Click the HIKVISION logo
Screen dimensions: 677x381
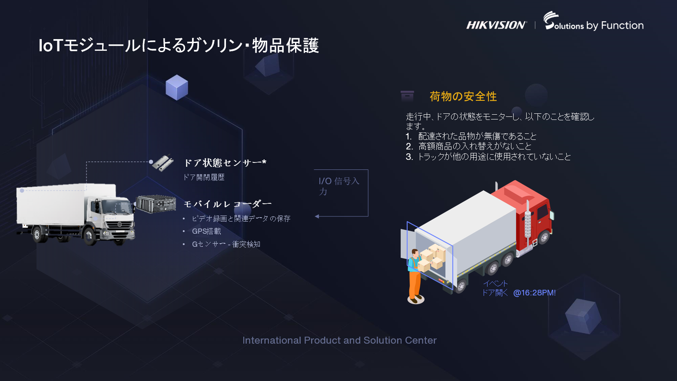click(x=496, y=25)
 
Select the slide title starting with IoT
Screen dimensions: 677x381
click(x=179, y=46)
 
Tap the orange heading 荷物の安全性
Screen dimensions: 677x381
click(x=463, y=96)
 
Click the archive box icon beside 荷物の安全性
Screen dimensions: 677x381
click(x=407, y=96)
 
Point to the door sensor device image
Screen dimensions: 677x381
click(x=163, y=163)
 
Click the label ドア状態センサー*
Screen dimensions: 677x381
click(x=225, y=163)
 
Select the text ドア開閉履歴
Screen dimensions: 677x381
click(x=204, y=177)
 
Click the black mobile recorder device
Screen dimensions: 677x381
click(x=156, y=204)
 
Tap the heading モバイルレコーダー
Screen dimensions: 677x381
click(x=227, y=204)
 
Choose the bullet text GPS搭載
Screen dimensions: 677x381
click(x=206, y=231)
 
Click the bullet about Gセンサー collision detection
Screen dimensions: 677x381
click(x=226, y=244)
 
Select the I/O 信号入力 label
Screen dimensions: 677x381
click(x=338, y=186)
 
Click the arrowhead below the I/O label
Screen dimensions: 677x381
click(x=317, y=216)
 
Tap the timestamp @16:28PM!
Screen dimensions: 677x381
click(x=534, y=293)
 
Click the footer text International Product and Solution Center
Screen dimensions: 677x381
click(x=339, y=340)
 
